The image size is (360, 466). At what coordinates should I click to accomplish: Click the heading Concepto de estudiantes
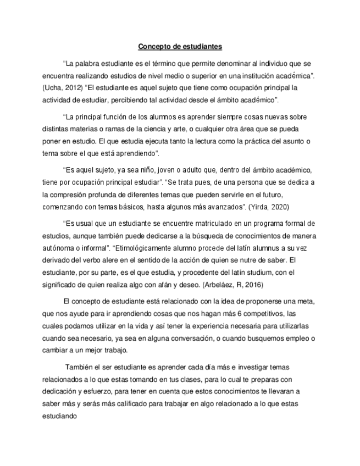coord(180,46)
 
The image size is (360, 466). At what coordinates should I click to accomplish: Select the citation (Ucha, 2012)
coord(62,88)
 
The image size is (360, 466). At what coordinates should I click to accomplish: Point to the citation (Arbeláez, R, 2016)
coord(234,285)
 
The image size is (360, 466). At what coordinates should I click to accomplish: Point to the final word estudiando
coord(60,417)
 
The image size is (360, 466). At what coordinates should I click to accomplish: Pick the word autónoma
coord(59,248)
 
